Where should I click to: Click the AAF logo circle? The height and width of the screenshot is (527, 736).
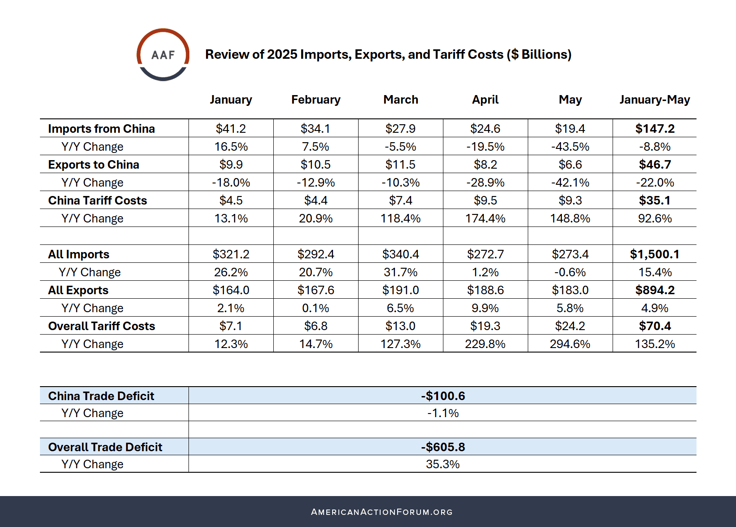[x=163, y=55]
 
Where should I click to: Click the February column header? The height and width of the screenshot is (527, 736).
[x=315, y=100]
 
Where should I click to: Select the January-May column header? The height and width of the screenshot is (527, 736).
[x=654, y=100]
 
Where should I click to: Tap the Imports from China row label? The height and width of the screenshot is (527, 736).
[x=101, y=129]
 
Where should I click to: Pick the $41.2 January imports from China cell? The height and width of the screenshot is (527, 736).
[x=231, y=129]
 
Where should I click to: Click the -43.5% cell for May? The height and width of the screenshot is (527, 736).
[x=570, y=147]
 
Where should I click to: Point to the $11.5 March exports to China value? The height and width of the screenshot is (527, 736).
[x=400, y=165]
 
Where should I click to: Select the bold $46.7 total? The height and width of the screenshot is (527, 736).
[x=655, y=165]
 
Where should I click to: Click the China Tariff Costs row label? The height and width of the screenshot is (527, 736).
[x=97, y=200]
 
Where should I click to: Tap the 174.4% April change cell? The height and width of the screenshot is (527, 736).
[x=485, y=218]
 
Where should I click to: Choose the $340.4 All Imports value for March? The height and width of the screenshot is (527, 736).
[x=400, y=254]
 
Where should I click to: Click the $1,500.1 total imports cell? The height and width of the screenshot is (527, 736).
[x=654, y=254]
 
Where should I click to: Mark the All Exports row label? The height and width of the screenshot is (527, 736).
[x=78, y=290]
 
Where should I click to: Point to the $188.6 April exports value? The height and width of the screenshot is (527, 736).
[x=485, y=290]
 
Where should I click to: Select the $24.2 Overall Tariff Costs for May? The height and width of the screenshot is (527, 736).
[x=570, y=326]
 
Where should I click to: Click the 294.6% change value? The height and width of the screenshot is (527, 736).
[x=570, y=344]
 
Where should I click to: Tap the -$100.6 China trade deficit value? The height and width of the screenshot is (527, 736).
[x=443, y=396]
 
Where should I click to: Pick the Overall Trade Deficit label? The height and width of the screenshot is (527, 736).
[x=105, y=447]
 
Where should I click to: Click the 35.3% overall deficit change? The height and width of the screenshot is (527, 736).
[x=442, y=464]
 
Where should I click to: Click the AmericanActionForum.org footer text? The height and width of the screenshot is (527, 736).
[x=381, y=512]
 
